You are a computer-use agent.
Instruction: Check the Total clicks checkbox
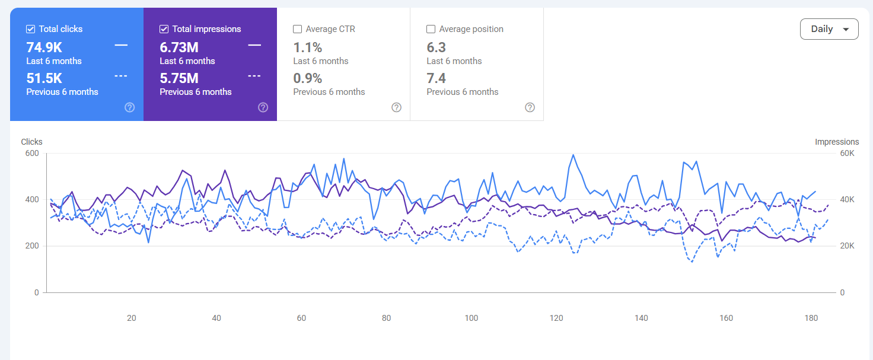click(30, 29)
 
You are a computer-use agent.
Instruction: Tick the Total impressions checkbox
click(164, 29)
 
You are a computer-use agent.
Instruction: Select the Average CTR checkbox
click(297, 29)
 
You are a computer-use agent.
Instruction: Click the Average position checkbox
click(431, 29)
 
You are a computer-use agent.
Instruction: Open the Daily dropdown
click(829, 29)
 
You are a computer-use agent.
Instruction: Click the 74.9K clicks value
click(44, 47)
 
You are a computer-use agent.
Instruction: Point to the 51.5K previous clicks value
click(44, 78)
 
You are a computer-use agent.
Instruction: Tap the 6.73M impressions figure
click(179, 47)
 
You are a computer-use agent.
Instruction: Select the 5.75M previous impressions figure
click(179, 78)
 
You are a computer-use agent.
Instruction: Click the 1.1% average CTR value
click(307, 47)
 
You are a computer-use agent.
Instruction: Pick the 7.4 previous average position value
click(436, 78)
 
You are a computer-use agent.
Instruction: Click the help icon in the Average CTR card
click(396, 107)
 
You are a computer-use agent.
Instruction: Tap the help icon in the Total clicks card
click(130, 107)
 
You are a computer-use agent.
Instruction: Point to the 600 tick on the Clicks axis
click(32, 153)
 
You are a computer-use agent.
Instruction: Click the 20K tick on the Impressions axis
click(847, 246)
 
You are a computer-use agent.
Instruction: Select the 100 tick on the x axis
click(471, 318)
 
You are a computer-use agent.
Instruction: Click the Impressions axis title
click(837, 142)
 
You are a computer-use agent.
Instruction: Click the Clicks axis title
click(31, 142)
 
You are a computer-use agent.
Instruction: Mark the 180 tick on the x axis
click(811, 318)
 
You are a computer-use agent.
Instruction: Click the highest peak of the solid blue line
click(573, 155)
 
